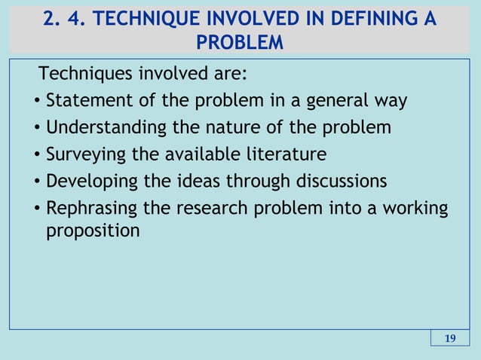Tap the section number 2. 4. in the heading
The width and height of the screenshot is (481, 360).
pos(63,18)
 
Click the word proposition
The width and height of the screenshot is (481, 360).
pos(93,230)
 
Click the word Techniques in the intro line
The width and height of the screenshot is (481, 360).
pos(81,75)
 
